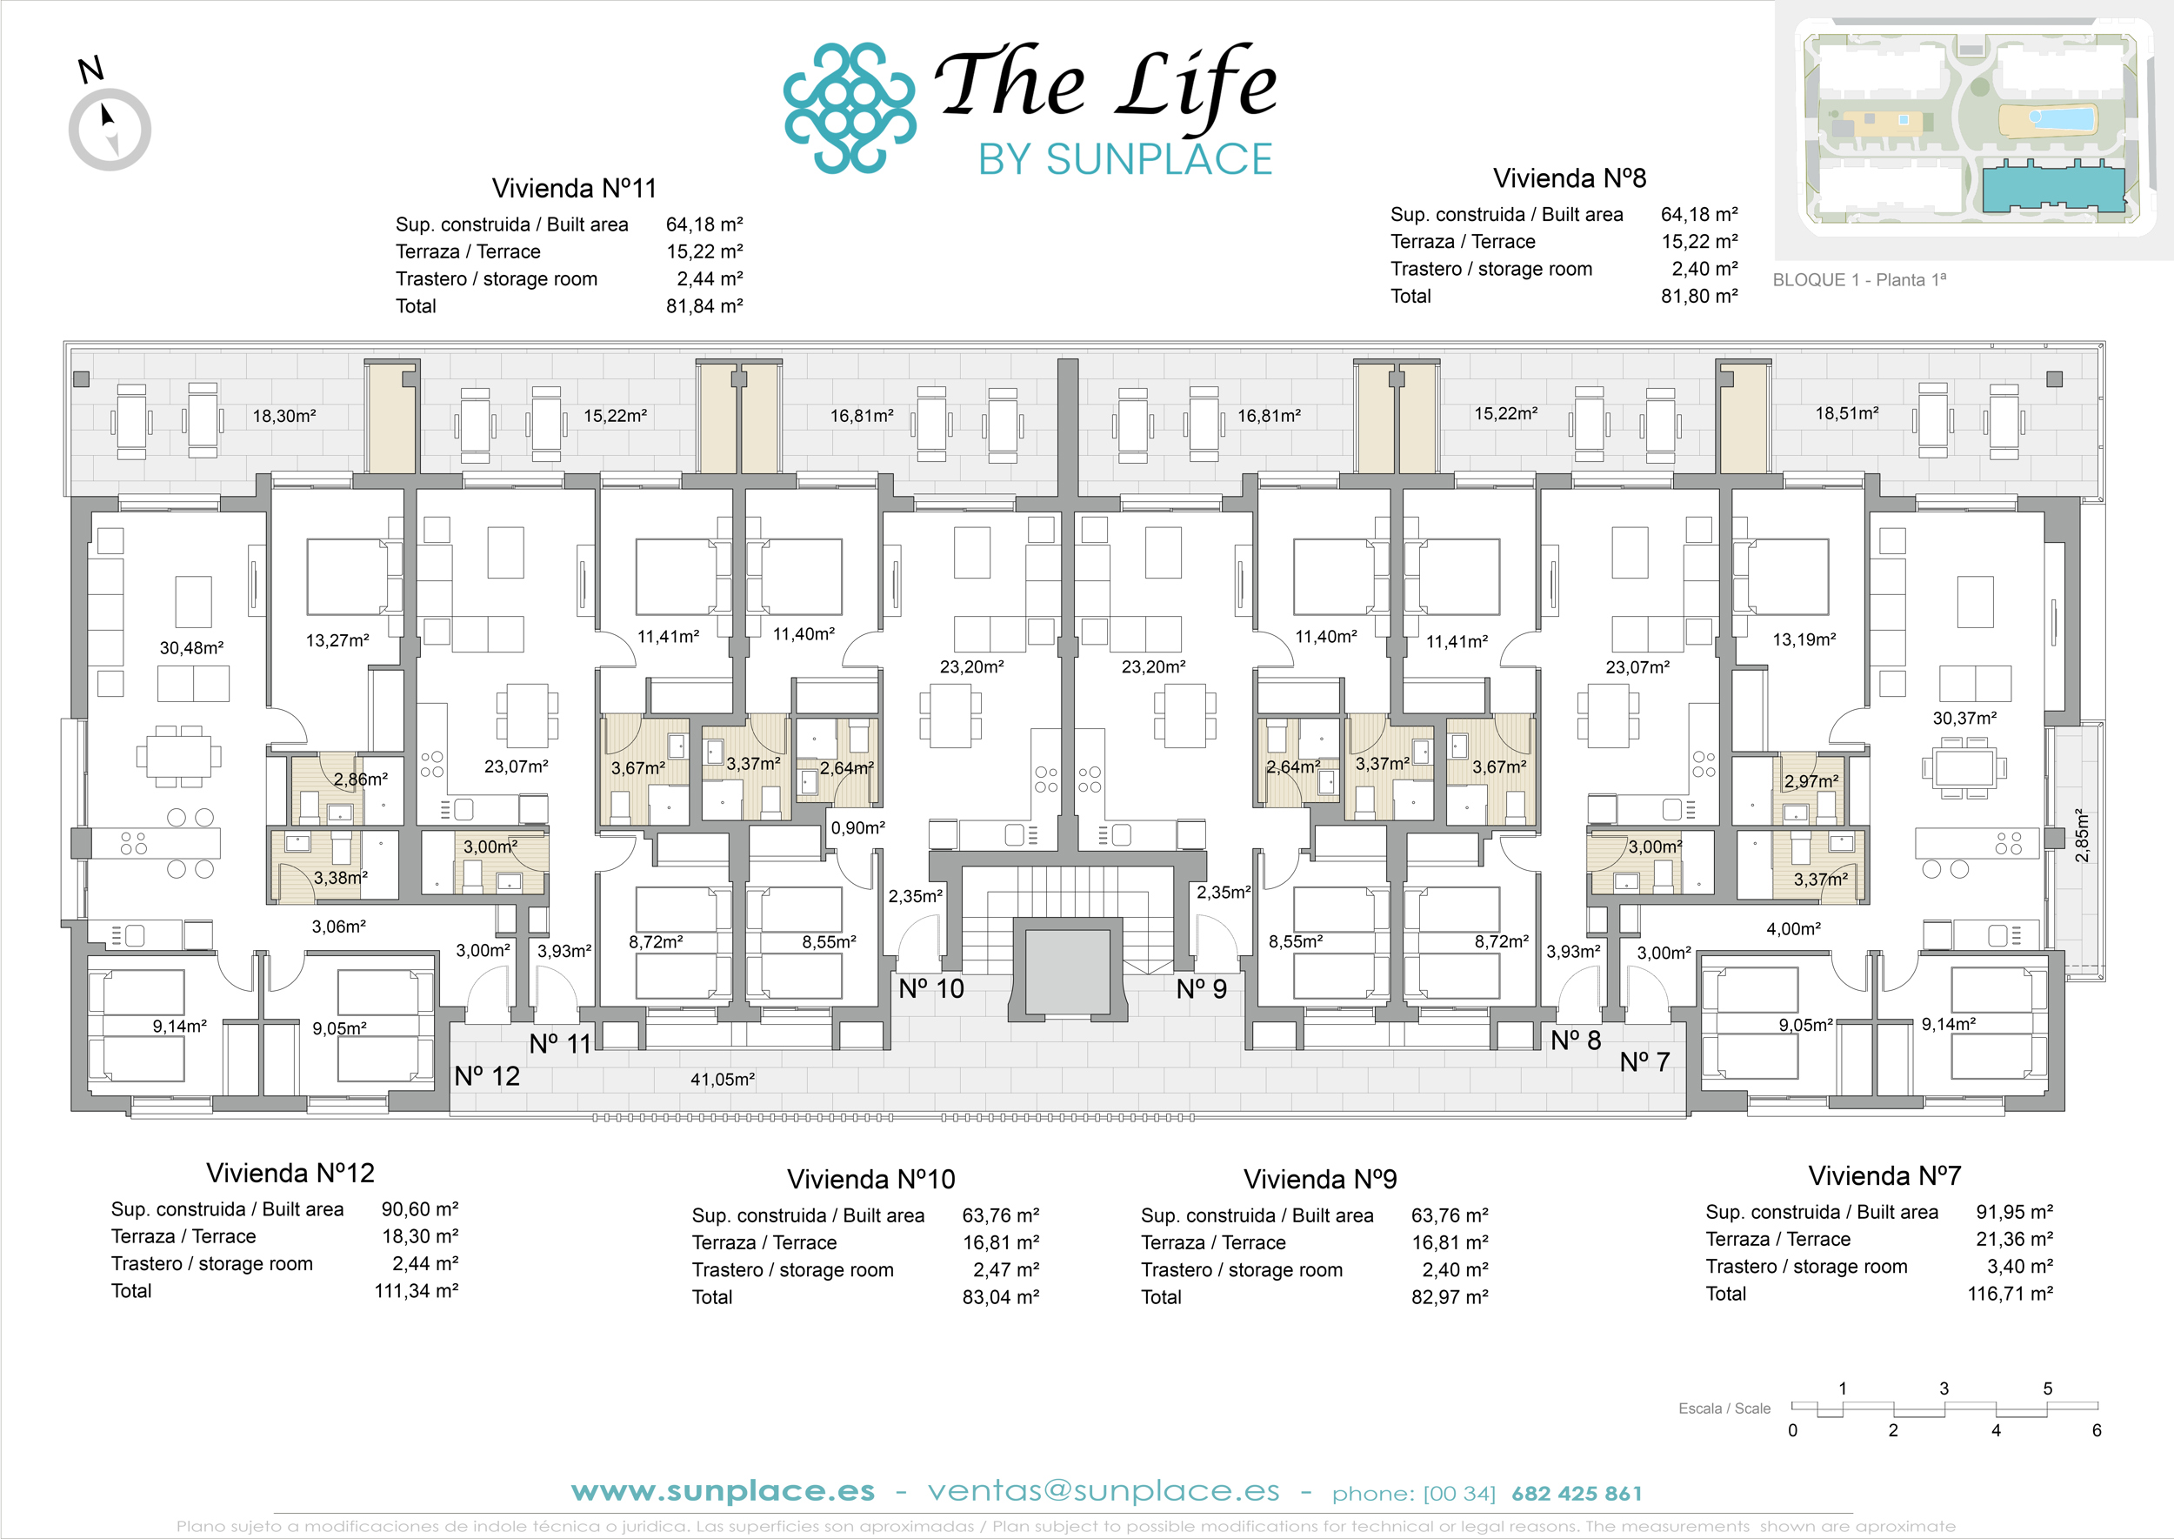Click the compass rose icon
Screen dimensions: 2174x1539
pos(110,129)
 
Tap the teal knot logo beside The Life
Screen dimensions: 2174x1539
pos(850,107)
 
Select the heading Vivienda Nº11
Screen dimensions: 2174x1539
pos(574,188)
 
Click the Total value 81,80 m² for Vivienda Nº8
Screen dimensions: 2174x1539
pos(1698,296)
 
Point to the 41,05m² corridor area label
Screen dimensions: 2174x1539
pos(722,1079)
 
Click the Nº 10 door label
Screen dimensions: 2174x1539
pos(931,988)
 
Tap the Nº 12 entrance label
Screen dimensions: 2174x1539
pos(487,1075)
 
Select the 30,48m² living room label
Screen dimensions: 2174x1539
pos(191,647)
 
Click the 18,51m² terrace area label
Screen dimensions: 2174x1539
pos(1846,412)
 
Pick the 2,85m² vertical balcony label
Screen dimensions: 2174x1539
pos(2081,835)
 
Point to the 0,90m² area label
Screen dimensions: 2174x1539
pos(857,827)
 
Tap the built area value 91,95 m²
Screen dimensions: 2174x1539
pos(2014,1211)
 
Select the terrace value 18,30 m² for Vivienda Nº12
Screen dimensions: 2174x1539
pos(420,1235)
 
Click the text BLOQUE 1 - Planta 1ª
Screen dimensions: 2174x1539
pos(1858,279)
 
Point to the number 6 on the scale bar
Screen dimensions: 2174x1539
pos(2097,1430)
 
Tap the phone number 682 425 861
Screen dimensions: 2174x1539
pos(1577,1494)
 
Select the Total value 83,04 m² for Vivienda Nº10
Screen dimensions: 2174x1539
pos(1000,1296)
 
